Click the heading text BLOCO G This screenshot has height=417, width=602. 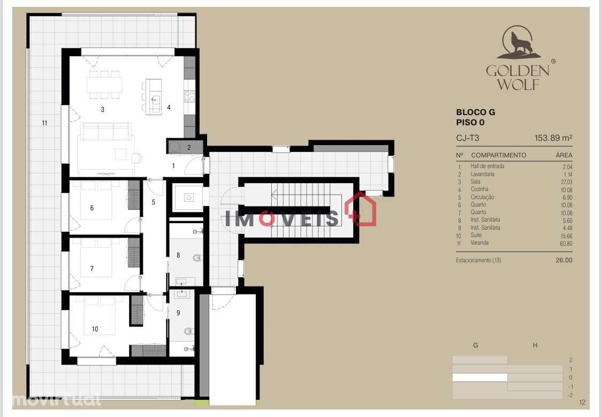475,112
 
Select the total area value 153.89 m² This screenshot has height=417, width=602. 553,138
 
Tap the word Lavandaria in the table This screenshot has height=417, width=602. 482,174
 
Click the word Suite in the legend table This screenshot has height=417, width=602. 477,236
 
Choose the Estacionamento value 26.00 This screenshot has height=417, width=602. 563,260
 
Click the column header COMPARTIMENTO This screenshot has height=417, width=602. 498,155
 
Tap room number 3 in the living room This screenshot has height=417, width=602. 102,110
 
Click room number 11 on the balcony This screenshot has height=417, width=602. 44,123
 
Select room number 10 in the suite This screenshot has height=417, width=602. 95,329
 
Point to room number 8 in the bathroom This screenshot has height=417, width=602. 178,255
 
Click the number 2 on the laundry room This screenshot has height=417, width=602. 188,147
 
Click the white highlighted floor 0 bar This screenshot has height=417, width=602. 480,377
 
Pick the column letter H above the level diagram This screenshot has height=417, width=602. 535,345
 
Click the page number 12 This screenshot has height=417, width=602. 583,403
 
